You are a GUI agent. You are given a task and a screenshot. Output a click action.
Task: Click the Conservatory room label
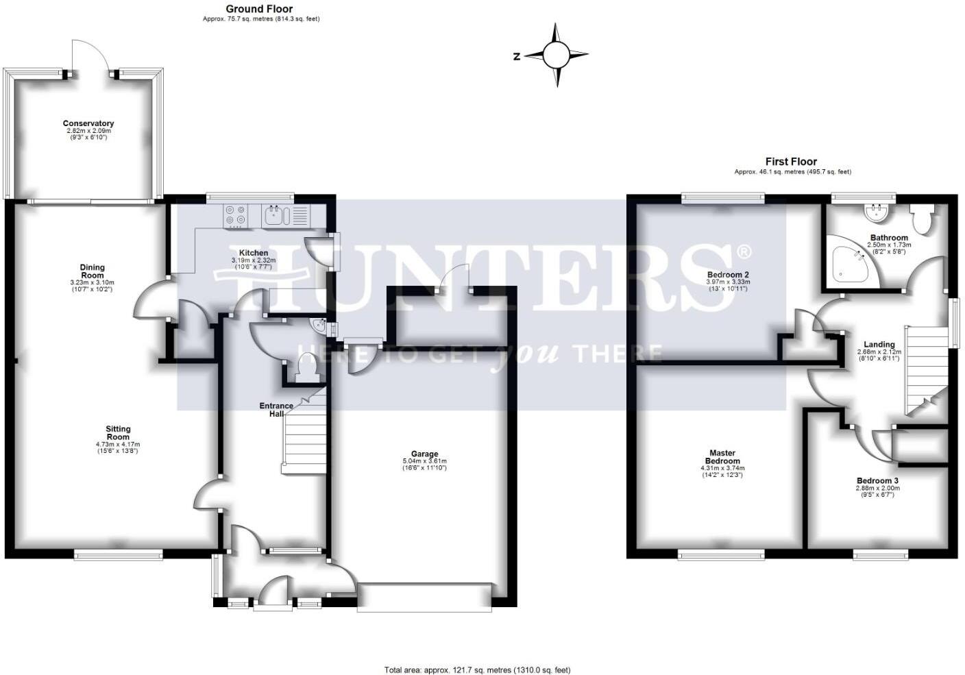point(88,124)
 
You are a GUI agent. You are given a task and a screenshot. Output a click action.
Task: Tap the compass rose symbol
point(557,55)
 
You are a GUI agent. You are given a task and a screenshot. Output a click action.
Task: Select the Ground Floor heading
point(259,9)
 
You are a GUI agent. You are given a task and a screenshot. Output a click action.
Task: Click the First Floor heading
point(791,162)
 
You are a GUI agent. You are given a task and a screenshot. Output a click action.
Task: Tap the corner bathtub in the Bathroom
point(851,263)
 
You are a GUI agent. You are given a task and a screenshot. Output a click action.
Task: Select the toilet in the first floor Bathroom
point(921,219)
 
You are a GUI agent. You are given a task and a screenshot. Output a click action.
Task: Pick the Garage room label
point(424,454)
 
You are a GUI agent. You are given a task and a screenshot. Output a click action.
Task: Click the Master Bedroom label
point(722,457)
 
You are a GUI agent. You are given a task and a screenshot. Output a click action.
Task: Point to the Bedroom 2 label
point(728,275)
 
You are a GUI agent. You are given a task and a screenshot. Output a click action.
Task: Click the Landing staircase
point(925,370)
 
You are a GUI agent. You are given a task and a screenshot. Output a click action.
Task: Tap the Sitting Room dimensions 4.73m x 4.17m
point(118,444)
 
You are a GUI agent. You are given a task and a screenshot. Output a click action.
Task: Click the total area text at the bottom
point(477,670)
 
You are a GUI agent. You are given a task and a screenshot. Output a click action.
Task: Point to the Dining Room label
point(93,271)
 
